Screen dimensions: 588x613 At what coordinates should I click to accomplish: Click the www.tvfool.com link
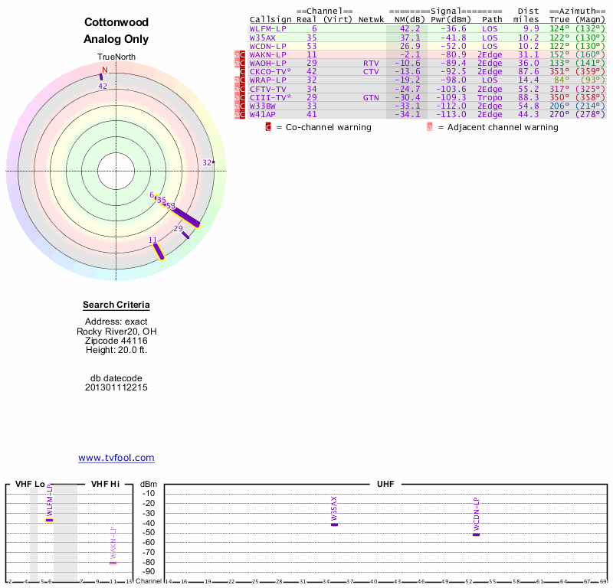pyautogui.click(x=116, y=458)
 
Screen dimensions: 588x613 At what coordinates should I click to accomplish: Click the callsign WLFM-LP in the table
pyautogui.click(x=268, y=28)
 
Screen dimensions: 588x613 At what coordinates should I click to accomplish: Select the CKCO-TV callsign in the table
pyautogui.click(x=270, y=71)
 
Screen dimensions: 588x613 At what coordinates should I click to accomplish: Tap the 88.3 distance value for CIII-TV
pyautogui.click(x=527, y=98)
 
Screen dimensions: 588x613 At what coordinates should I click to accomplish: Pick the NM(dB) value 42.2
pyautogui.click(x=410, y=28)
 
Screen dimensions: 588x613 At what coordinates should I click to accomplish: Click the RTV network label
pyautogui.click(x=371, y=63)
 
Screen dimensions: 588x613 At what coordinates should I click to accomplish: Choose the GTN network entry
pyautogui.click(x=371, y=98)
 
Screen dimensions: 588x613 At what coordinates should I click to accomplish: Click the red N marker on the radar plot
pyautogui.click(x=105, y=70)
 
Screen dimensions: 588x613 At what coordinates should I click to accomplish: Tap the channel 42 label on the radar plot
pyautogui.click(x=103, y=86)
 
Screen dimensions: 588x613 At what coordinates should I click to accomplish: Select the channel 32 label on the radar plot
pyautogui.click(x=207, y=162)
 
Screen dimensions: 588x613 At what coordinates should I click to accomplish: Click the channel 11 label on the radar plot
pyautogui.click(x=153, y=240)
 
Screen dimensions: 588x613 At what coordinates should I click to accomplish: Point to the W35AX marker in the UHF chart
pyautogui.click(x=334, y=524)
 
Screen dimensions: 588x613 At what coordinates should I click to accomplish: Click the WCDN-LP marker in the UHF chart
pyautogui.click(x=476, y=534)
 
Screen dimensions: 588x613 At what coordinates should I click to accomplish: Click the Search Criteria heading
pyautogui.click(x=116, y=305)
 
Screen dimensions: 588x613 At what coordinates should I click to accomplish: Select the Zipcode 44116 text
pyautogui.click(x=116, y=340)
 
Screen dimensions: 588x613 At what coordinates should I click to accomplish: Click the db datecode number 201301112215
pyautogui.click(x=116, y=387)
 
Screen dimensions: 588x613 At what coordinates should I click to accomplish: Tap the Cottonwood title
pyautogui.click(x=116, y=22)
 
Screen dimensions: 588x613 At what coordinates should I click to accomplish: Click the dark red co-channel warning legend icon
pyautogui.click(x=268, y=127)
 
